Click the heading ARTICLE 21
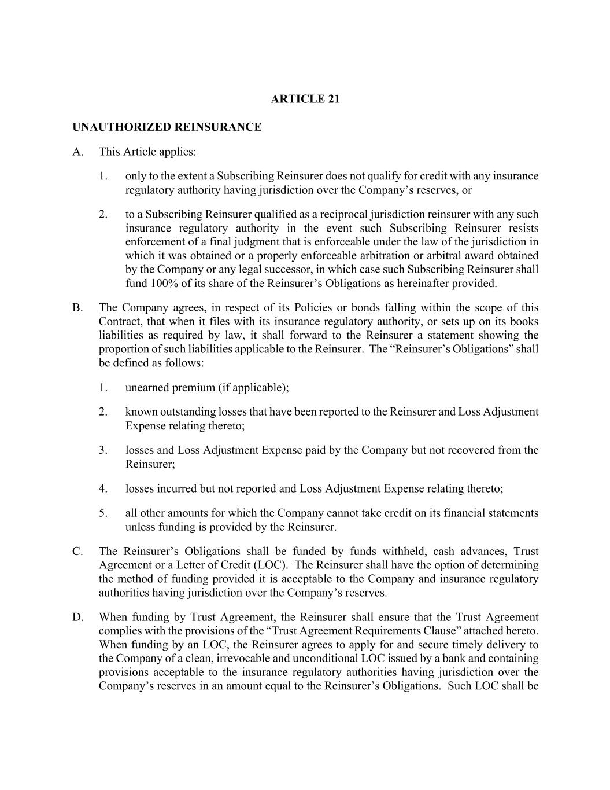[x=305, y=99]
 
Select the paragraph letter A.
[x=77, y=152]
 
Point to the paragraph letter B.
[x=77, y=307]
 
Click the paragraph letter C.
[x=77, y=552]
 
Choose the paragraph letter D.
[x=77, y=617]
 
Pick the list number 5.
[x=103, y=513]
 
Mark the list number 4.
[x=103, y=488]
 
